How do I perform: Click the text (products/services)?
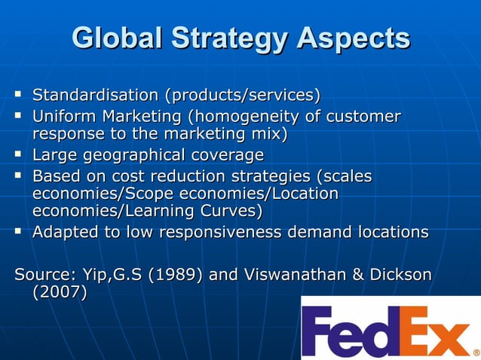[x=242, y=96]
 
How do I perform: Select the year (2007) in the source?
[x=59, y=292]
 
